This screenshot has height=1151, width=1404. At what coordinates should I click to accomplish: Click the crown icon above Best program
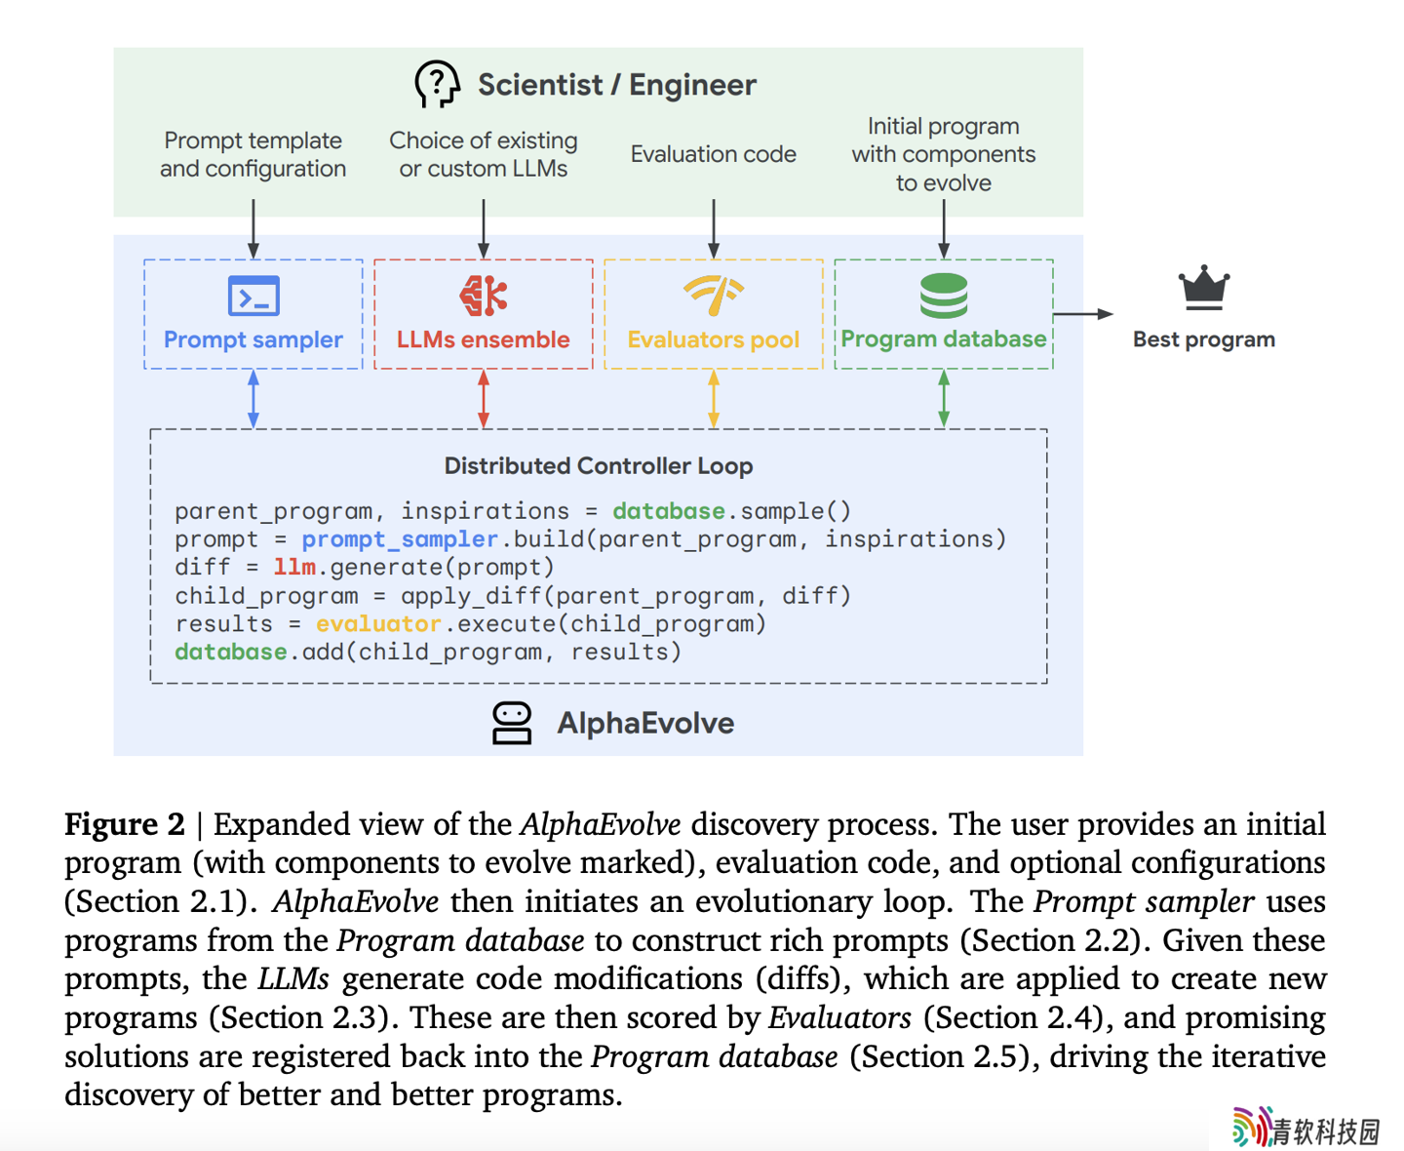pos(1203,288)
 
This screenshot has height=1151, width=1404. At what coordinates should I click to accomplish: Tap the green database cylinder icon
pos(944,296)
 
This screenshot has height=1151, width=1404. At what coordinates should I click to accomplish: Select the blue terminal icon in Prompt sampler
pos(253,296)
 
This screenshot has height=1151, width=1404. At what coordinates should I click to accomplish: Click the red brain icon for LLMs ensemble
pos(484,296)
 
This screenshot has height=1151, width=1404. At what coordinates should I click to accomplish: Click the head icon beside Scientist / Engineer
pos(437,84)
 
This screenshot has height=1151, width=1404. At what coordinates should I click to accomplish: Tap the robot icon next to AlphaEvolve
pos(511,723)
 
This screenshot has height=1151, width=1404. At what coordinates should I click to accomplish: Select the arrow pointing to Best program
pos(1083,314)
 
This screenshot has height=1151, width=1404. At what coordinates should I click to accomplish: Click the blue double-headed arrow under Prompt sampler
pos(253,398)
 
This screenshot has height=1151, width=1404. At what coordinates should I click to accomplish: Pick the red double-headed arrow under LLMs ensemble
pos(484,398)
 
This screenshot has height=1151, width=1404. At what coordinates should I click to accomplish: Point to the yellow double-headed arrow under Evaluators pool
pos(713,398)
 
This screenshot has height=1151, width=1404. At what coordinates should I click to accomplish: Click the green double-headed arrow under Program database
pos(944,398)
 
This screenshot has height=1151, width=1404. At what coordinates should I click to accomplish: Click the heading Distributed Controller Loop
pos(598,465)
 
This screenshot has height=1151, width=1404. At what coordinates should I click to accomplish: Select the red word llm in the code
pos(294,567)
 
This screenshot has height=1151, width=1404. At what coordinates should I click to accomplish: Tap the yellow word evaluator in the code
pos(377,623)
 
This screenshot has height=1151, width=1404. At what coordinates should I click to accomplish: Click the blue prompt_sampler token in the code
pos(400,538)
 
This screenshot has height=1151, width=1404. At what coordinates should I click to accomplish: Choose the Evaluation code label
pos(713,154)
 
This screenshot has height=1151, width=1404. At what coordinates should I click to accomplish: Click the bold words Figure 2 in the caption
pos(125,824)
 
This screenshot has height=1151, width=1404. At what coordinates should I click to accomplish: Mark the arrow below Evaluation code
pos(713,228)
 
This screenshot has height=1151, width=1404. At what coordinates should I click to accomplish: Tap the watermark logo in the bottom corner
pos(1306,1128)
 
